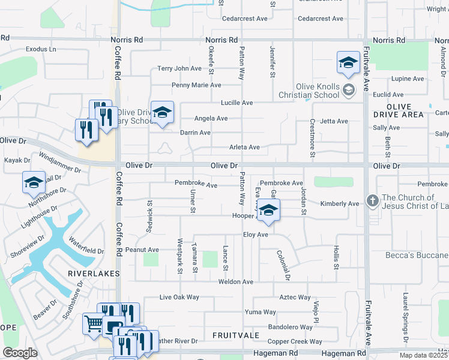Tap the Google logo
click(x=20, y=353)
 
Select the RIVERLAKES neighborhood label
click(x=94, y=273)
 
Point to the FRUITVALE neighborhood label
click(x=236, y=335)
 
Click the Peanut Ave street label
click(x=142, y=250)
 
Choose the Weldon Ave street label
click(x=236, y=281)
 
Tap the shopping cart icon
click(x=94, y=325)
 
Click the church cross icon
click(x=373, y=201)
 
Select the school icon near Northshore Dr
click(x=34, y=182)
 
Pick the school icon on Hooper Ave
click(x=269, y=211)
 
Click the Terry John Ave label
click(x=179, y=68)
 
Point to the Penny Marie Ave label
click(x=196, y=85)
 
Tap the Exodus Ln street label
click(x=41, y=49)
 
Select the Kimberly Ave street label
click(x=340, y=204)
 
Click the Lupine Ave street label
click(x=408, y=79)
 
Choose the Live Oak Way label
click(x=179, y=297)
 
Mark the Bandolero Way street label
click(x=291, y=327)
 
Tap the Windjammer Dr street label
click(x=59, y=162)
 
